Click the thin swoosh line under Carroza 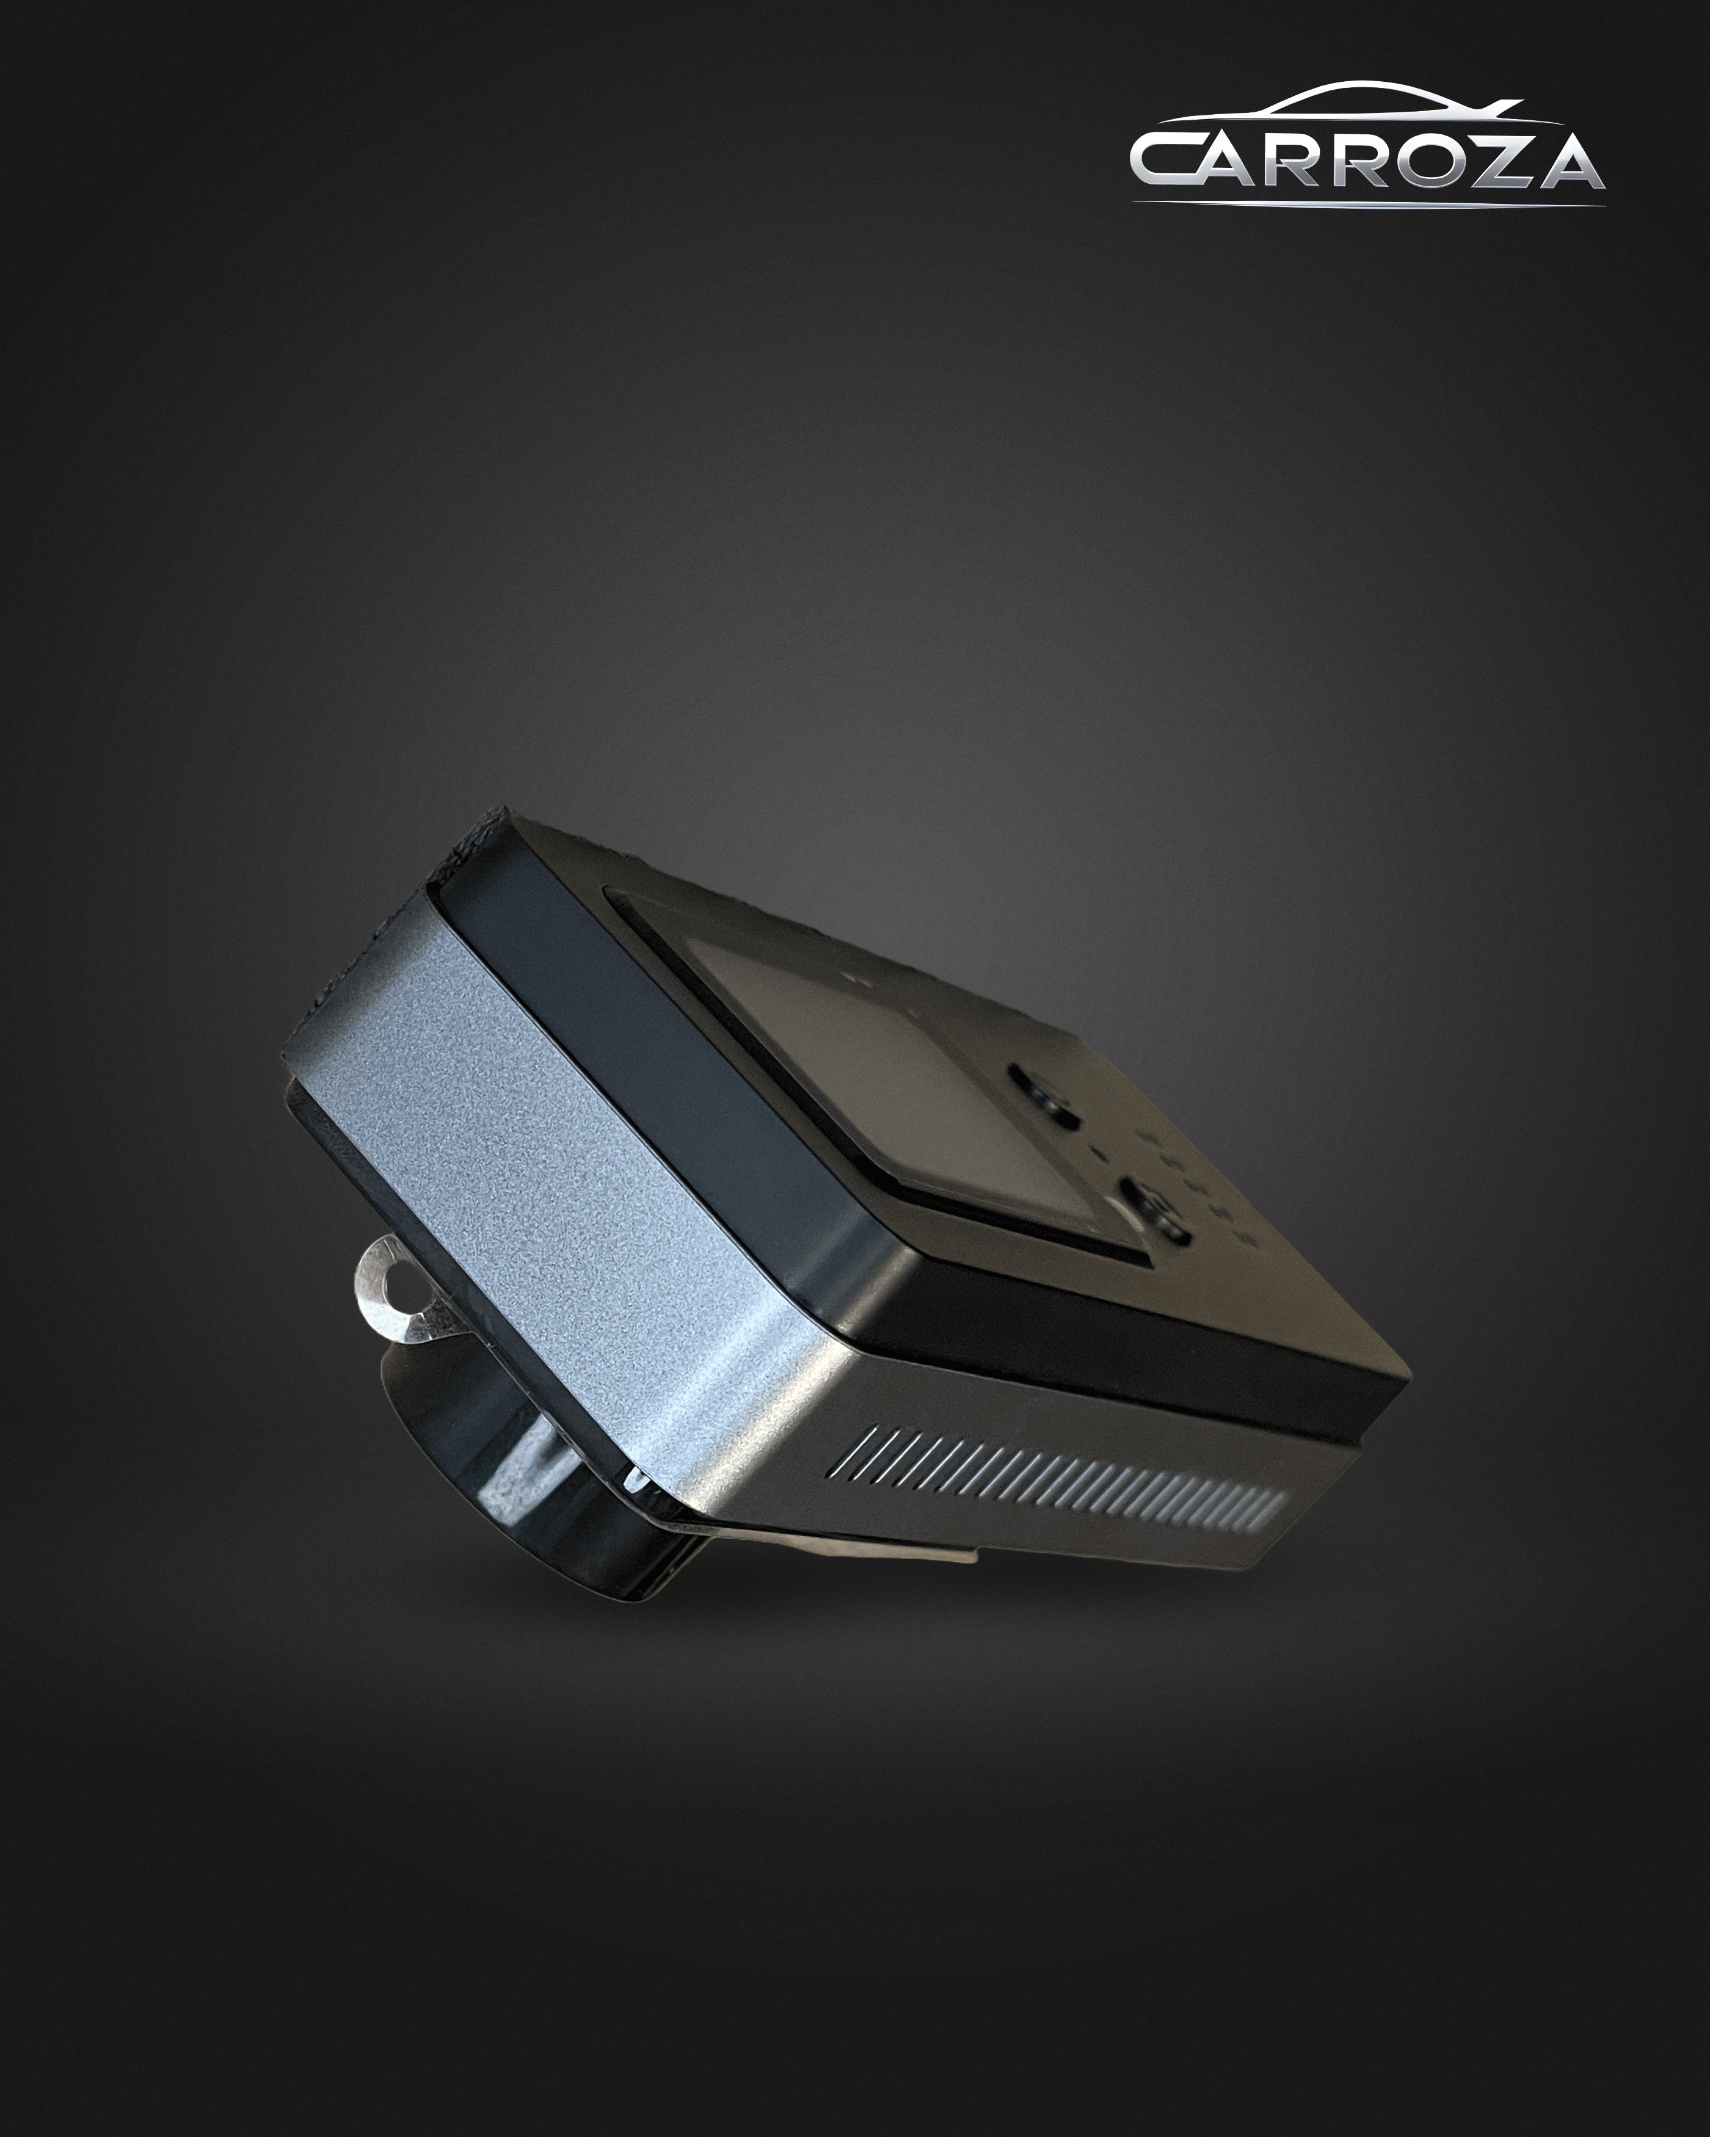(1368, 203)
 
